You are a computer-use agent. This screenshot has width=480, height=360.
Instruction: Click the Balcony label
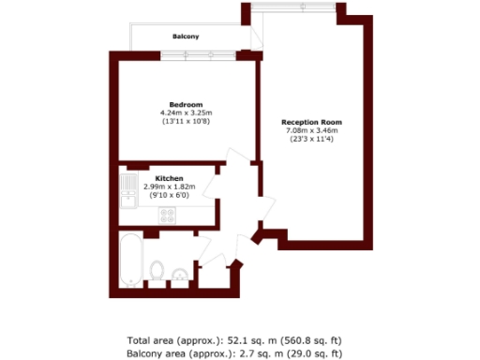186,37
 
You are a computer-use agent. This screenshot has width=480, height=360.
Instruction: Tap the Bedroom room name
186,104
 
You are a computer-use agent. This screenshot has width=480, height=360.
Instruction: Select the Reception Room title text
312,123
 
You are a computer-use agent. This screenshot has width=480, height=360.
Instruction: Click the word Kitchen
169,178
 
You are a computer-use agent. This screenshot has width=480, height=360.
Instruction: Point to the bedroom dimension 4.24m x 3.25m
186,112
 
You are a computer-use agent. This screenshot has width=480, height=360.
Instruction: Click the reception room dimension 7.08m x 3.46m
312,131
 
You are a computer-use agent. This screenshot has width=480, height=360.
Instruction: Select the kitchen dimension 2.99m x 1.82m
169,187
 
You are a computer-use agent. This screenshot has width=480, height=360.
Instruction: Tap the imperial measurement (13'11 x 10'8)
186,121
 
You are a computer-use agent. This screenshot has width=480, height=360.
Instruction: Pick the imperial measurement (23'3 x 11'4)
312,140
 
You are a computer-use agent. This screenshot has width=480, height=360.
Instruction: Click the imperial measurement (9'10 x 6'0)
169,195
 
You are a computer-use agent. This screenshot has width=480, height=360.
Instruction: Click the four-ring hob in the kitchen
169,215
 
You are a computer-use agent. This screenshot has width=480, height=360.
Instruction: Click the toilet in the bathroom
157,273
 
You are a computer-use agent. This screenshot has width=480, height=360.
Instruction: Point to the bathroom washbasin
177,275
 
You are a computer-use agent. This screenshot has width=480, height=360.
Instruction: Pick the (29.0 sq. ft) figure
317,353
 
